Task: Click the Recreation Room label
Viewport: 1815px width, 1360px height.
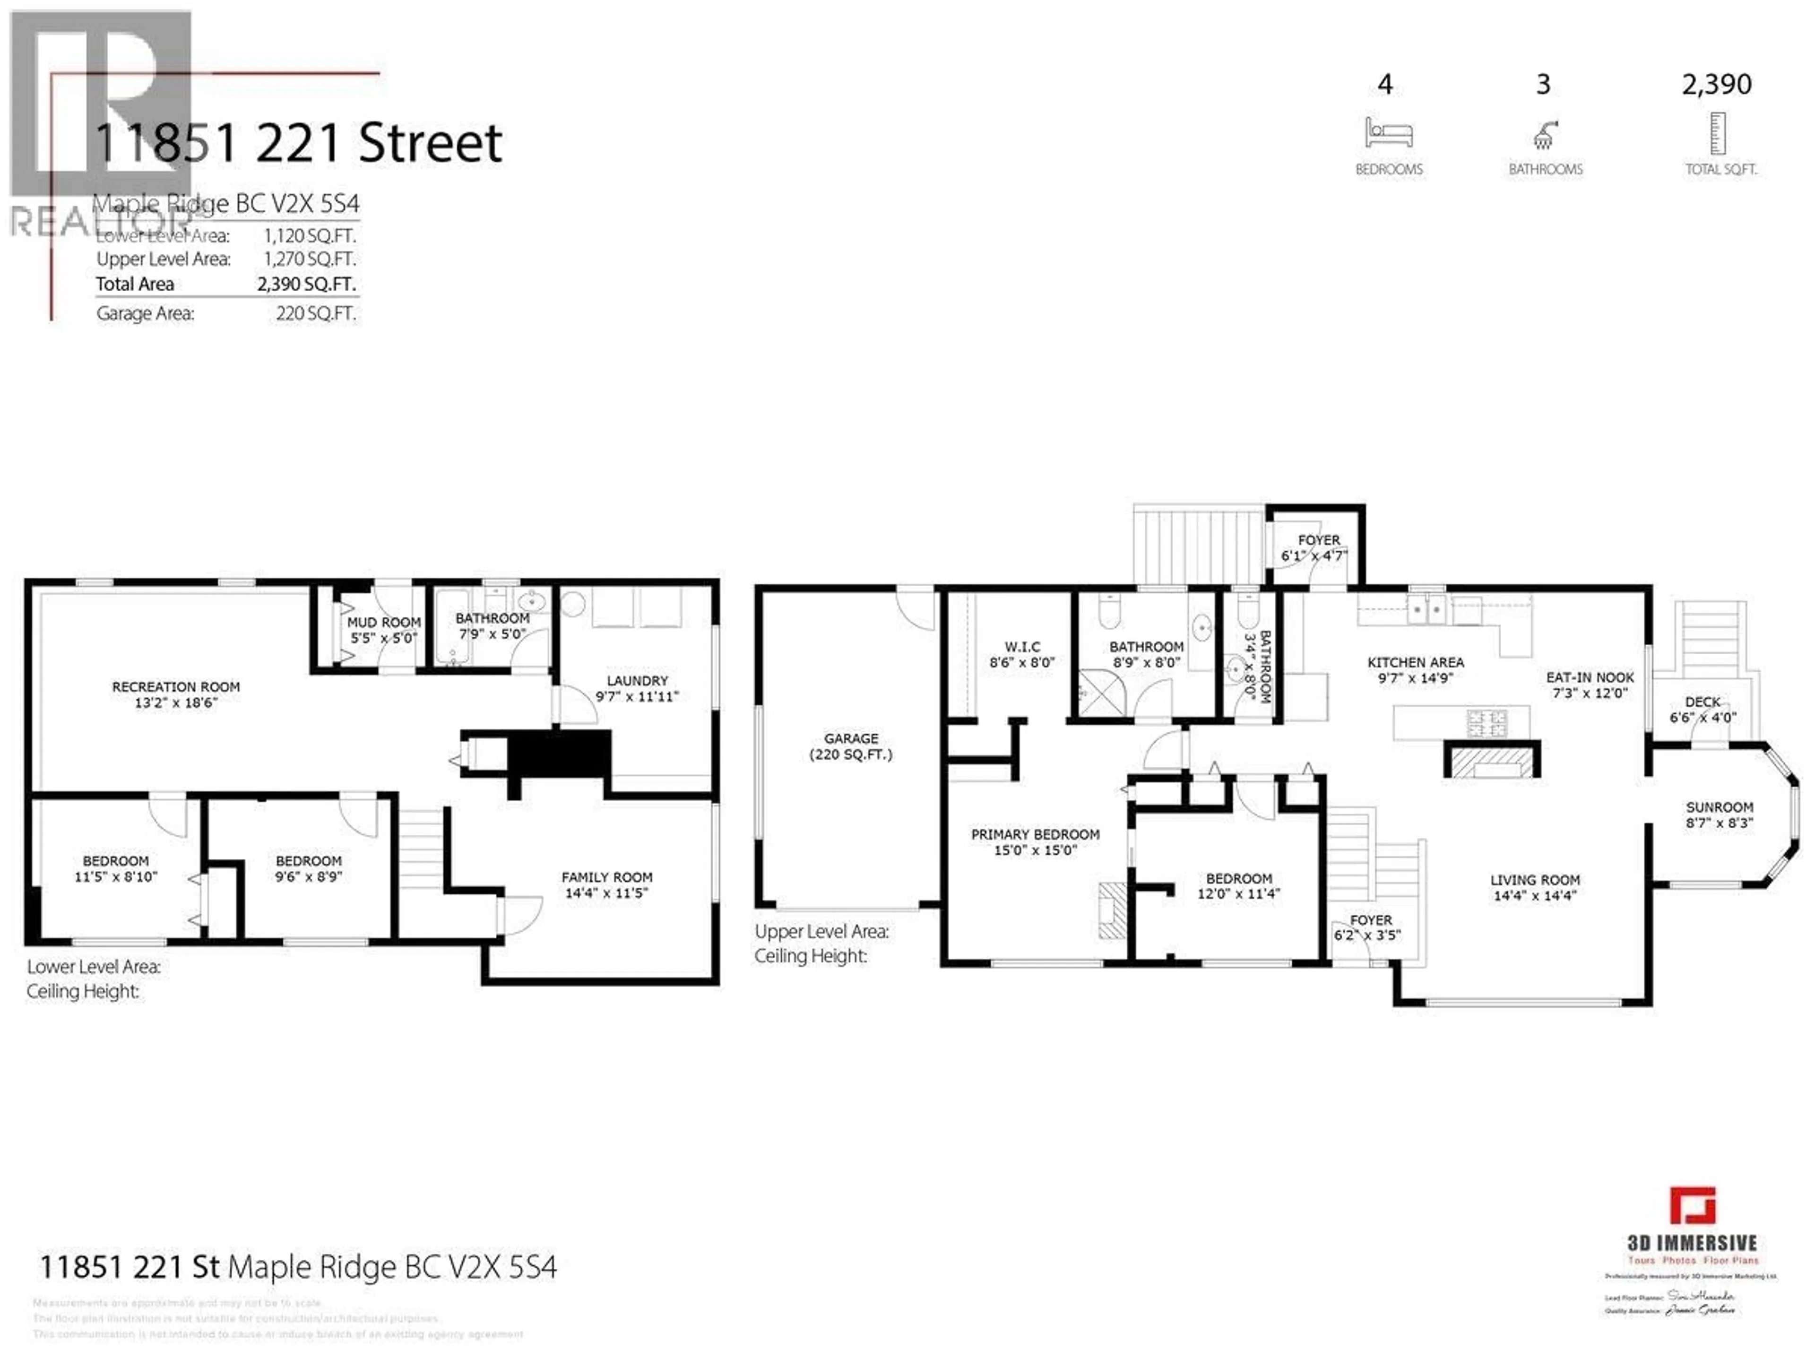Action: point(176,687)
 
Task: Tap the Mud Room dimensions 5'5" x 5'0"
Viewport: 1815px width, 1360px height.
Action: point(383,638)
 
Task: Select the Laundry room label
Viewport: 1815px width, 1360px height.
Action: point(637,680)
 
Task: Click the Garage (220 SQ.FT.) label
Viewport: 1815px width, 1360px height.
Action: point(851,746)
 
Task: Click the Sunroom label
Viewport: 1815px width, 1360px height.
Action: point(1719,807)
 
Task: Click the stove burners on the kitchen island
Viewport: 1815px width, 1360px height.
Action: point(1487,723)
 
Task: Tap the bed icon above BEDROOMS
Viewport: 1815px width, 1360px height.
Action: point(1388,132)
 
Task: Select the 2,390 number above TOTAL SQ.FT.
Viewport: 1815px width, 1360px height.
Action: point(1717,84)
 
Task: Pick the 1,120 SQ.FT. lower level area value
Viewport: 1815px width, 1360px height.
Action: point(309,235)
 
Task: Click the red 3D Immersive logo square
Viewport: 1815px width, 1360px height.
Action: point(1693,1206)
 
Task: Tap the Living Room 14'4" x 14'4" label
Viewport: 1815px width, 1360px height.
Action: point(1534,887)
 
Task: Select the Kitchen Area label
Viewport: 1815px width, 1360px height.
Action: point(1416,662)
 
